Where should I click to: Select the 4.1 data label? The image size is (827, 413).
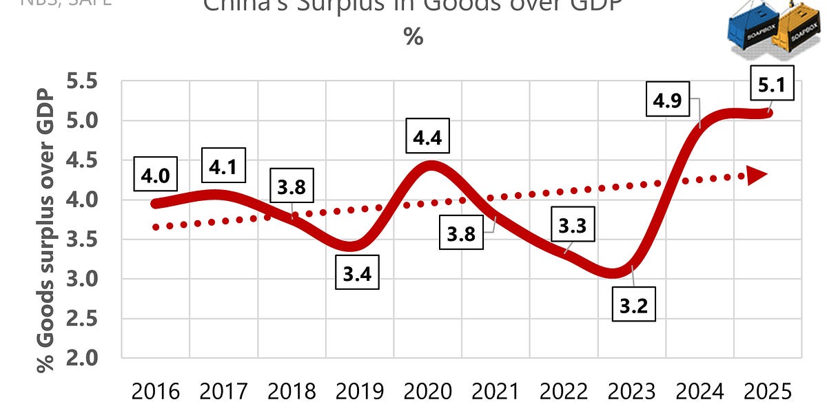pyautogui.click(x=226, y=167)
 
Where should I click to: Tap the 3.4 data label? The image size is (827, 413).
pyautogui.click(x=356, y=275)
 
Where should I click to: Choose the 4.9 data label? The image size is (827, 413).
pyautogui.click(x=666, y=101)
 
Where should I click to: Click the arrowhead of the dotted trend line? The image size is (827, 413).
pyautogui.click(x=757, y=176)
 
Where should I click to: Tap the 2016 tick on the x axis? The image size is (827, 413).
pyautogui.click(x=155, y=394)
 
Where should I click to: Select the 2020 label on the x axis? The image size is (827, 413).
pyautogui.click(x=428, y=394)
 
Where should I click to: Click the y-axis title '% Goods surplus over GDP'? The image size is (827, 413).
pyautogui.click(x=45, y=231)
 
